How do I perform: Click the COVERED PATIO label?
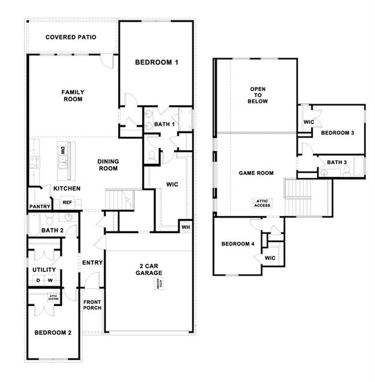coord(70,38)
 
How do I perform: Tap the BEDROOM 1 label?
coord(156,62)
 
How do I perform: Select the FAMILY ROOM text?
coord(73,95)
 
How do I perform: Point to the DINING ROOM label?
coord(108,165)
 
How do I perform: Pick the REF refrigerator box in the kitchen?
coord(67,203)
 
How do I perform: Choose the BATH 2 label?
coord(52,231)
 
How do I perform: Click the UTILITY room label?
coord(44,269)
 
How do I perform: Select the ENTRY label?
coord(92,263)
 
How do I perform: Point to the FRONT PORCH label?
coord(92,305)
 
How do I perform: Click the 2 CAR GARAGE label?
coord(149,269)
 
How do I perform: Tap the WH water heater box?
coord(185,226)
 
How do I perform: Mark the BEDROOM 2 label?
coord(52,332)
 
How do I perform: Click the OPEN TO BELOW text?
coord(257,95)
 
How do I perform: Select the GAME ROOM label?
coord(256,173)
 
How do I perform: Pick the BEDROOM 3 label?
coord(337,133)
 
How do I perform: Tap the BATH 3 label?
coord(336,162)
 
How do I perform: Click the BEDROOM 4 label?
coord(238,244)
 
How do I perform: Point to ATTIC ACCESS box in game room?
coord(262,203)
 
